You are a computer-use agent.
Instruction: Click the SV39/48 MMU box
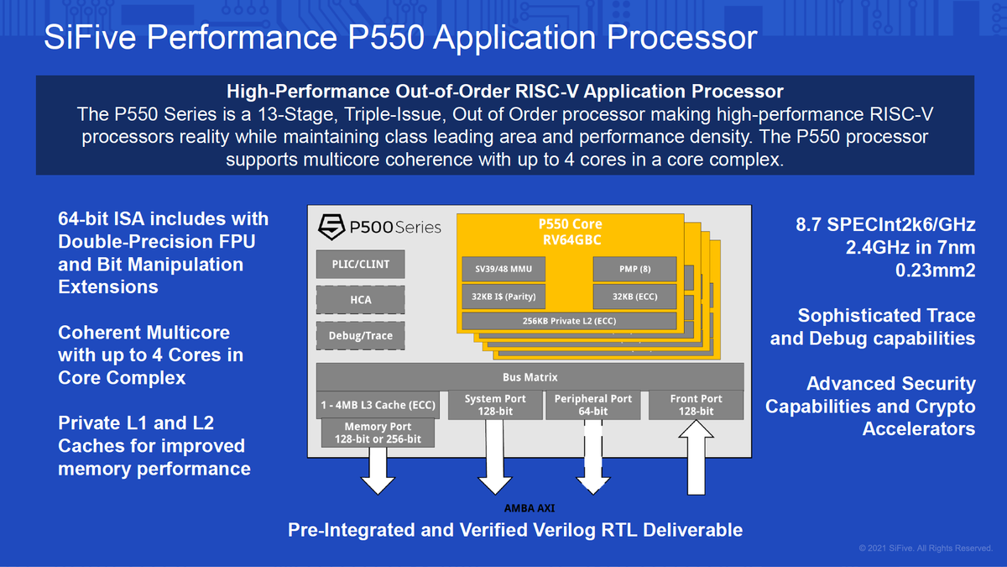pyautogui.click(x=504, y=269)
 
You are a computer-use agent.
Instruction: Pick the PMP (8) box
pyautogui.click(x=634, y=269)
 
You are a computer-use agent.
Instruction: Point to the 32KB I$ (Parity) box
pyautogui.click(x=504, y=297)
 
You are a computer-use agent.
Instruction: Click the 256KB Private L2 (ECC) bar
pyautogui.click(x=569, y=321)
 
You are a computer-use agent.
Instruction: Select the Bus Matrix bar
pyautogui.click(x=530, y=377)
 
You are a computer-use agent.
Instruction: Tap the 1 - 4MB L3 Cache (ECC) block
pyautogui.click(x=378, y=405)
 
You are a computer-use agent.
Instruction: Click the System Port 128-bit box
pyautogui.click(x=495, y=405)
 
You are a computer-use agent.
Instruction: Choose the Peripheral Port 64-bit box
pyautogui.click(x=592, y=405)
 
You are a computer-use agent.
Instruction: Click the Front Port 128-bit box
pyautogui.click(x=696, y=405)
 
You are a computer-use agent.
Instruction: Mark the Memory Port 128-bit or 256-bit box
pyautogui.click(x=378, y=433)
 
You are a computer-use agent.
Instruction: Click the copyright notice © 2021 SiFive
pyautogui.click(x=925, y=549)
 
